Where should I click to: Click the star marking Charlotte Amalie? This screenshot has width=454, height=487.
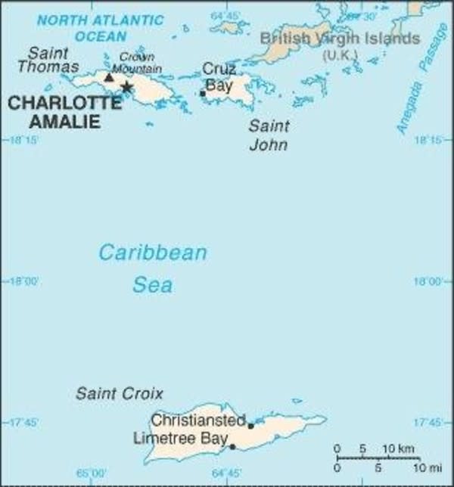coord(127,88)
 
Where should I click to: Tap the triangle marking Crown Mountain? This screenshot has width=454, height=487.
coord(109,77)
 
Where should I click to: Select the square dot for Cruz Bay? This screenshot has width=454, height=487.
coord(202,94)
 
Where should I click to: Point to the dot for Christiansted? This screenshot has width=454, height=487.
coord(251,426)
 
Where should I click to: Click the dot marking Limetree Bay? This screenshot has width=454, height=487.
coord(232,447)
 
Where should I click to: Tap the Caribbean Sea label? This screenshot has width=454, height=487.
coord(152,268)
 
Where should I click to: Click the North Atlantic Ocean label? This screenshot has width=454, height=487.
coord(100,27)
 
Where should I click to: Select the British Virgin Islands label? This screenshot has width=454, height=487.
coord(339,39)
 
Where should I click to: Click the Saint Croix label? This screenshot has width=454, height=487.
coord(119,393)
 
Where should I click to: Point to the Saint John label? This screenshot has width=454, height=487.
coord(268,135)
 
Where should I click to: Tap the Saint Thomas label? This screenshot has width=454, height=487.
coord(52,59)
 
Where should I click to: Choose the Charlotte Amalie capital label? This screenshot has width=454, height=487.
coord(64,112)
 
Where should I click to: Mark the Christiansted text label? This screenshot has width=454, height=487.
coord(198,420)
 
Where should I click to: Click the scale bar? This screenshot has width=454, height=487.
coord(377,458)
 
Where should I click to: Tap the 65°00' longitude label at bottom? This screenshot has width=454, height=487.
coord(92,474)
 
